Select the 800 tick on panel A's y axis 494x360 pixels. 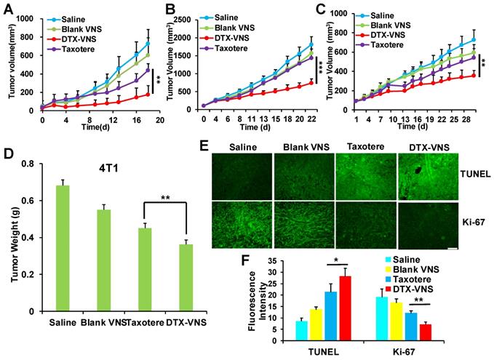29,13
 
